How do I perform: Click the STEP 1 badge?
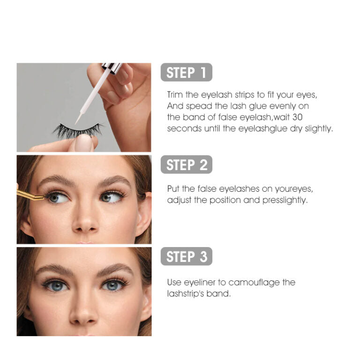tap(187, 73)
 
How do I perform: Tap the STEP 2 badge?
tap(187, 165)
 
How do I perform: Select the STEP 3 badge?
tap(187, 257)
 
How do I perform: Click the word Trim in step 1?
tap(175, 95)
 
